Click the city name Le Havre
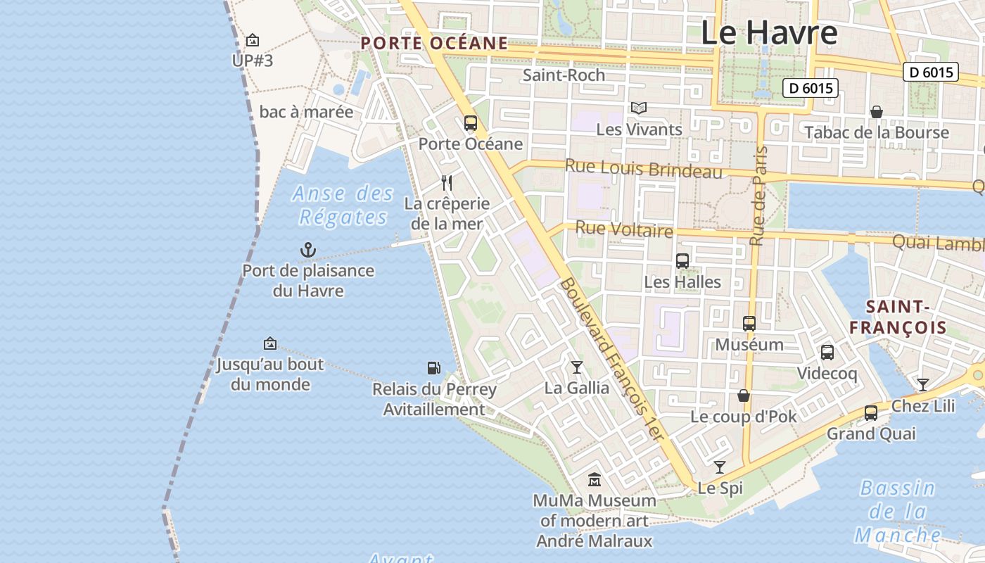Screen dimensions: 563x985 (x=769, y=32)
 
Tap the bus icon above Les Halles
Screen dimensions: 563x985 (x=682, y=261)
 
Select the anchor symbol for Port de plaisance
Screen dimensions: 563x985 (x=308, y=250)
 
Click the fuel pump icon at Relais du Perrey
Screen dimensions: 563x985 (x=434, y=367)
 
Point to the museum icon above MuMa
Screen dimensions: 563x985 (x=595, y=480)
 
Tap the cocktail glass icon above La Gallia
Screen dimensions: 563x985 (x=577, y=367)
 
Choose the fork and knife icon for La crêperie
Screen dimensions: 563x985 (x=447, y=183)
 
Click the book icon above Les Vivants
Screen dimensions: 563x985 (x=639, y=108)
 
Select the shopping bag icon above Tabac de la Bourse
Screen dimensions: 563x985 (x=877, y=112)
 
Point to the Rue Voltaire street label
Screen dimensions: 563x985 (x=624, y=229)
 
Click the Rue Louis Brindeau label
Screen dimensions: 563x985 (x=644, y=170)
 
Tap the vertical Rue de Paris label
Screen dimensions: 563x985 (x=758, y=196)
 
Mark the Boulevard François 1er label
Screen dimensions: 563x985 (x=611, y=359)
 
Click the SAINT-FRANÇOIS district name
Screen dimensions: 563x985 (x=898, y=317)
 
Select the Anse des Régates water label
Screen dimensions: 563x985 (x=343, y=205)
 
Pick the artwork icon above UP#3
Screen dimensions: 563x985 (x=253, y=40)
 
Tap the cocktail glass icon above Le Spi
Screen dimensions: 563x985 (x=719, y=467)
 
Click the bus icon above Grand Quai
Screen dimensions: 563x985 (x=871, y=413)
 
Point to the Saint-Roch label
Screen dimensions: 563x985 (x=564, y=75)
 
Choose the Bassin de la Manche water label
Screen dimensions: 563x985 (x=898, y=512)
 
